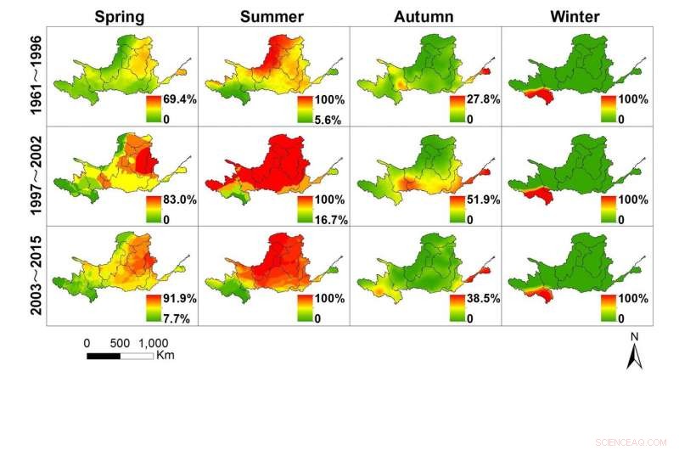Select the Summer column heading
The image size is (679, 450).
coord(272,16)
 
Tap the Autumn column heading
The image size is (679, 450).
coord(424,16)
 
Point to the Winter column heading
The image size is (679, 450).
coord(575,16)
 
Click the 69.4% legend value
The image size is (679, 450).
coord(180,100)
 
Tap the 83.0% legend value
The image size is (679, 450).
coord(180,200)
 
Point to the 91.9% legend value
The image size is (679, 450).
coord(180,300)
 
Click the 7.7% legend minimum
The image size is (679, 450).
coord(177,318)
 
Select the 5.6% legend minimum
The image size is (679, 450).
coord(328,120)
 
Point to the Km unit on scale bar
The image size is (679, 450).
coord(166,355)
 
